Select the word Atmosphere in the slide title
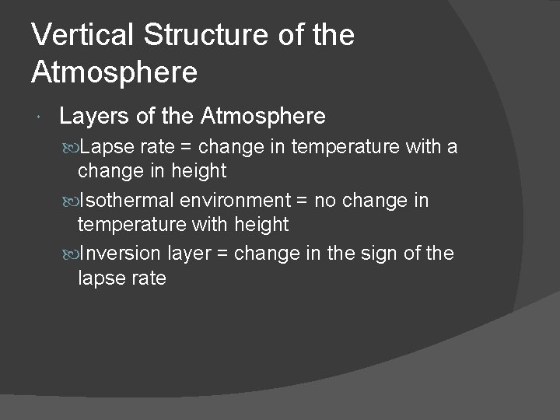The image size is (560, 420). [x=114, y=72]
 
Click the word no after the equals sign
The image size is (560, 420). [x=326, y=201]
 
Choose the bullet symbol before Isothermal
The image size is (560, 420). [x=72, y=201]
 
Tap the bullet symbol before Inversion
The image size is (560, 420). [x=72, y=254]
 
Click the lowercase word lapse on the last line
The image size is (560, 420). [x=100, y=278]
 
